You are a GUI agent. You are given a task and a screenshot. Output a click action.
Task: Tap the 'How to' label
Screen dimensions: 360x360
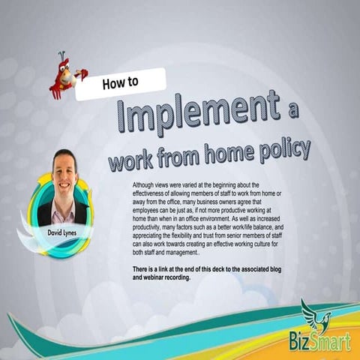coord(120,83)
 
